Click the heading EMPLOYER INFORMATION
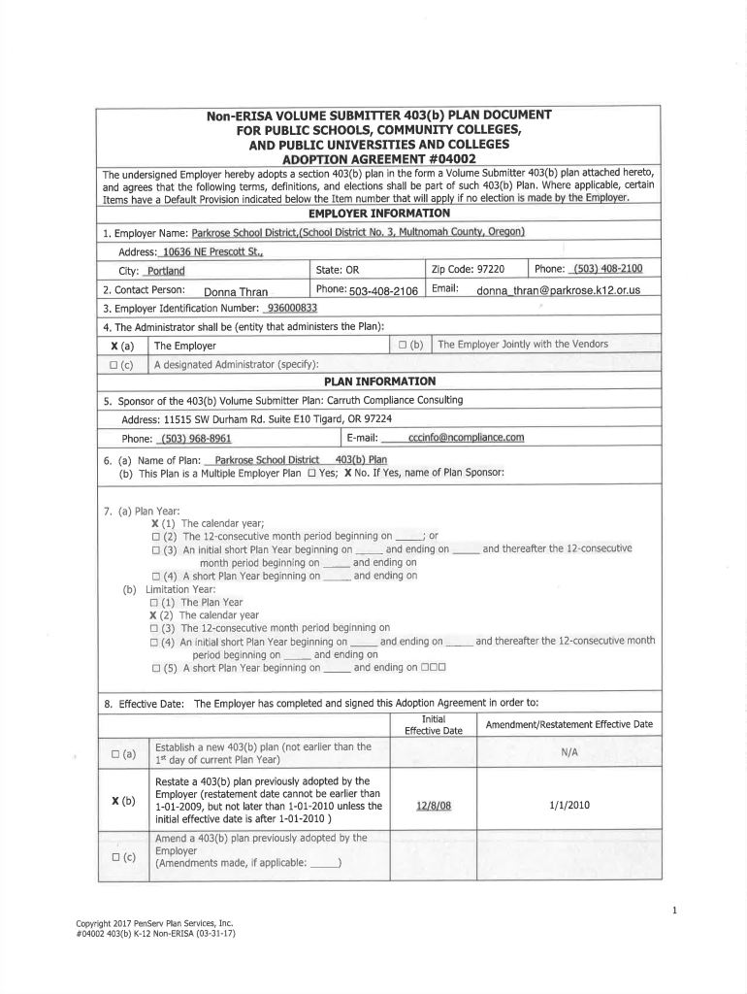[378, 213]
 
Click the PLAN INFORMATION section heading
[378, 381]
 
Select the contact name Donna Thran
[236, 291]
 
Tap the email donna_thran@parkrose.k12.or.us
[558, 291]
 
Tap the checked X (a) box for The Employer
[122, 346]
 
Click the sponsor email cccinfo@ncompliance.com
[466, 437]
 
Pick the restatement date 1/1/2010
[568, 805]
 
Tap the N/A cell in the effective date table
[568, 752]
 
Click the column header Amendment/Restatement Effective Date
[568, 725]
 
